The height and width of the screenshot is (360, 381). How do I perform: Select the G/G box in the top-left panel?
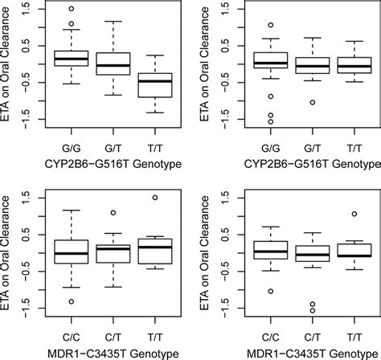click(x=72, y=58)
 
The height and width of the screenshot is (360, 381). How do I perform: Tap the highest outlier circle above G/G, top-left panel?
click(x=72, y=9)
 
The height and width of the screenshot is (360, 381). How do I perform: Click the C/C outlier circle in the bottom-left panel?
click(x=72, y=301)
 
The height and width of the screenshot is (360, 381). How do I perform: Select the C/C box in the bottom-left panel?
click(x=72, y=252)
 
